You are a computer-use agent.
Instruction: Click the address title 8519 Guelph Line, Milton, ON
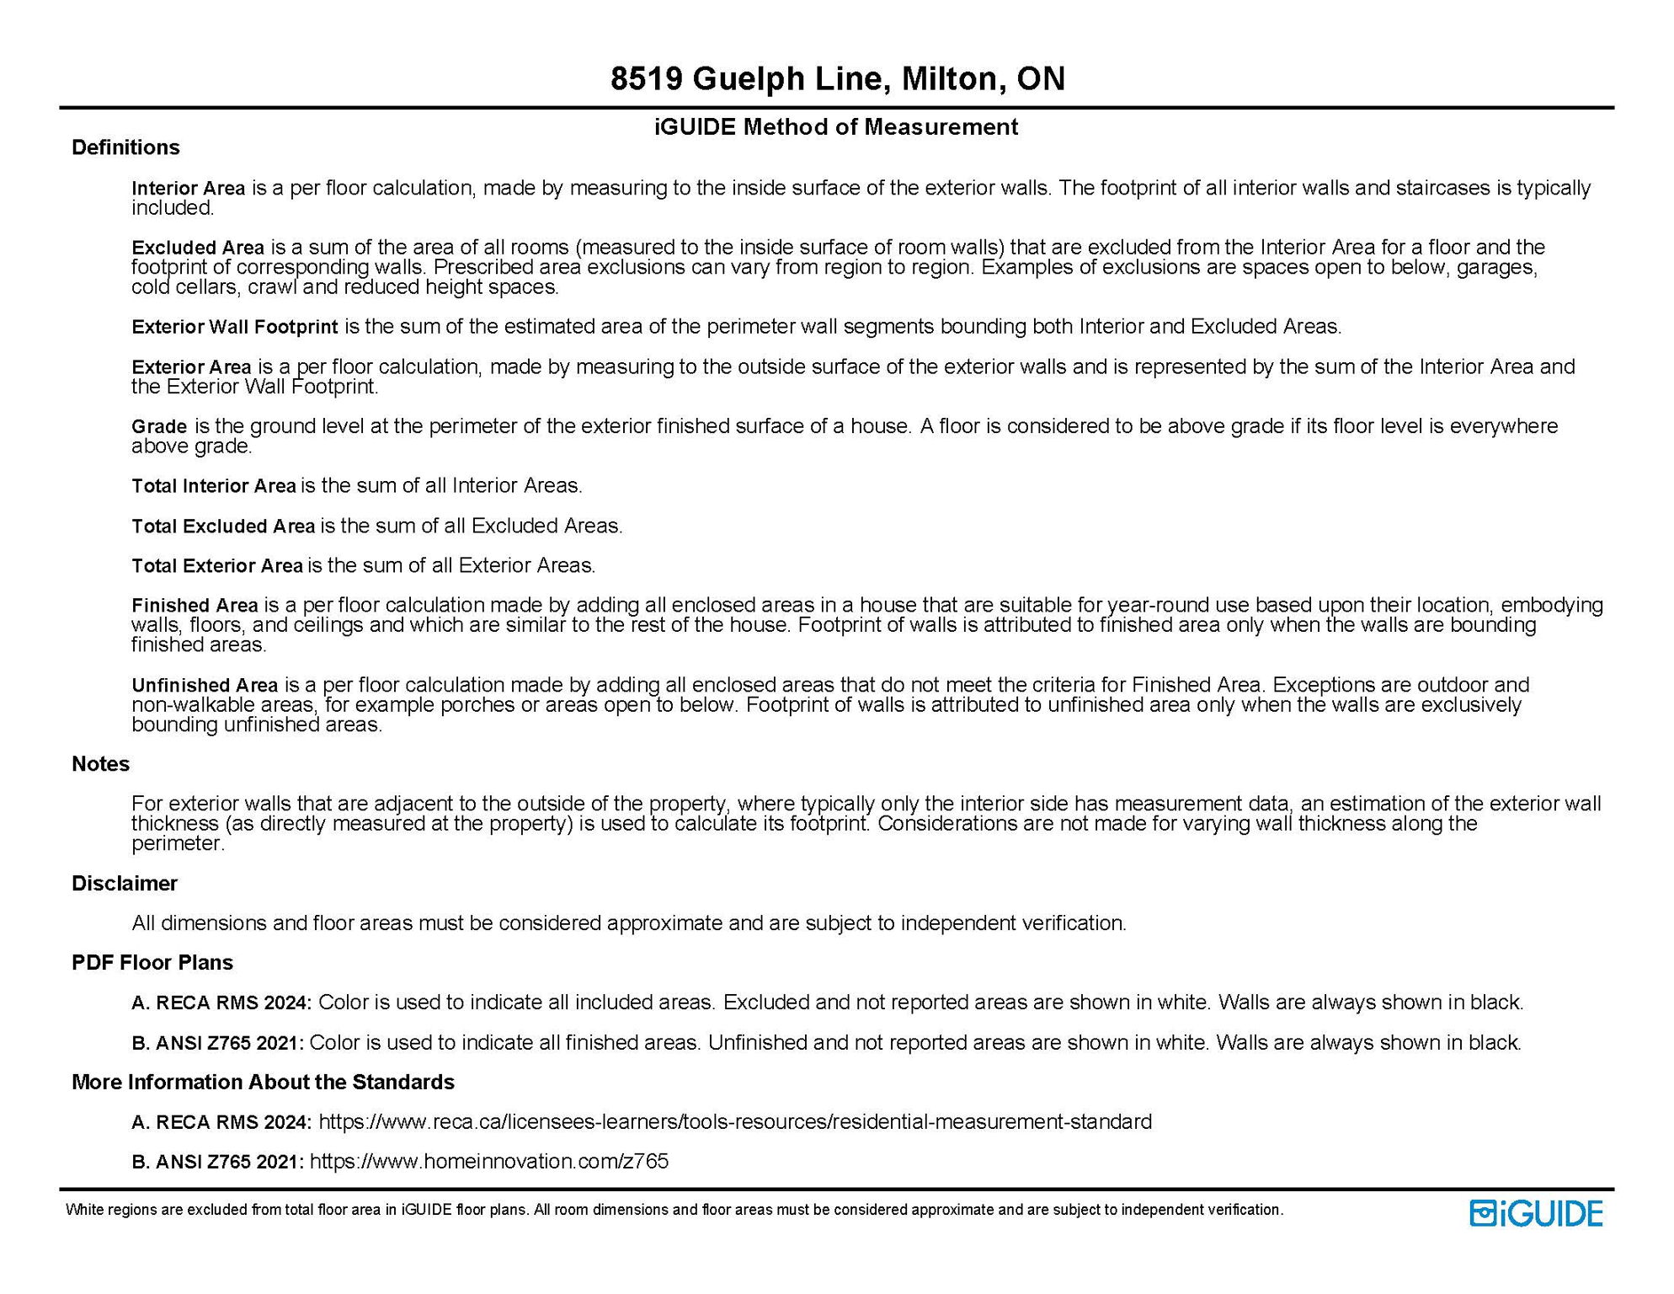coord(837,79)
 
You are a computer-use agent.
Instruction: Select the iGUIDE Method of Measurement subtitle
coord(836,127)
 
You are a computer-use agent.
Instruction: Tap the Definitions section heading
coord(125,147)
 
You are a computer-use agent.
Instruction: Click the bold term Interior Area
coord(188,188)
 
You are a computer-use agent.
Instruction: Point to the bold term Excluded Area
coord(197,248)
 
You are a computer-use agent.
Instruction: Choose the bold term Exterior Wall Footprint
coord(234,327)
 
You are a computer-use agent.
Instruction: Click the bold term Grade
coord(158,426)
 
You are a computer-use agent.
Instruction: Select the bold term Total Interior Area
coord(213,486)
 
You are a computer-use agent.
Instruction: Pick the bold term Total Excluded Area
coord(222,527)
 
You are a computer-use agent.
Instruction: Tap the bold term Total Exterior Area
coord(216,566)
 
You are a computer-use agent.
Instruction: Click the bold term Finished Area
coord(195,606)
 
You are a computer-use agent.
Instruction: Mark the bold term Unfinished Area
coord(204,685)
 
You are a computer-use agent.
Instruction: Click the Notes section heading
coord(100,764)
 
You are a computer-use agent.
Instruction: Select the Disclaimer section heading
coord(125,884)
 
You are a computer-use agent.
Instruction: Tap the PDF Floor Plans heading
coord(152,963)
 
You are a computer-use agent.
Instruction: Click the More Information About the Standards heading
coord(263,1083)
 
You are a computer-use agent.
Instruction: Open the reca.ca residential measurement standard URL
coord(734,1122)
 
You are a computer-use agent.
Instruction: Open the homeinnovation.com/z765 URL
coord(488,1162)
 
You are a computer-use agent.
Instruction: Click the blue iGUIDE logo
coord(1536,1213)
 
